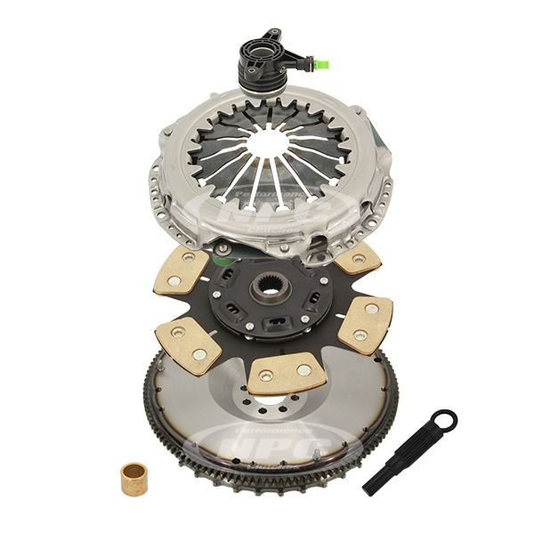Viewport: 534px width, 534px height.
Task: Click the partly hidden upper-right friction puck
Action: coord(358,258)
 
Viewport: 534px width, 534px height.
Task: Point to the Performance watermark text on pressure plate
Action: coord(267,197)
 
